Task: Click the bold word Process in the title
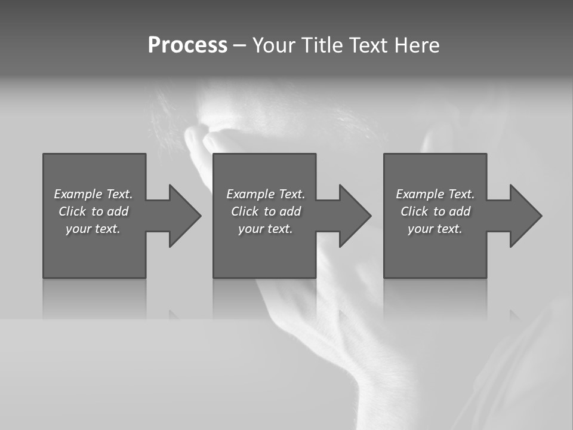[187, 45]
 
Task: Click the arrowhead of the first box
[185, 216]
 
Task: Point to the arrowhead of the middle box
[355, 216]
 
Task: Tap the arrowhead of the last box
[526, 216]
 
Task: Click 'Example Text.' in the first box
[93, 194]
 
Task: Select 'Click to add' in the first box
[93, 211]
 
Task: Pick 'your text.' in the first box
[93, 229]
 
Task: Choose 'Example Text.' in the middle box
[266, 194]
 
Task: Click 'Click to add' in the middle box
[266, 211]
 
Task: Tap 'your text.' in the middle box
[266, 229]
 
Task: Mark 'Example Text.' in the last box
[435, 194]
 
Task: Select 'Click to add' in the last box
[435, 211]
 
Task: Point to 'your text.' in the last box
[435, 229]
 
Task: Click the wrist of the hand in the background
[382, 382]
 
